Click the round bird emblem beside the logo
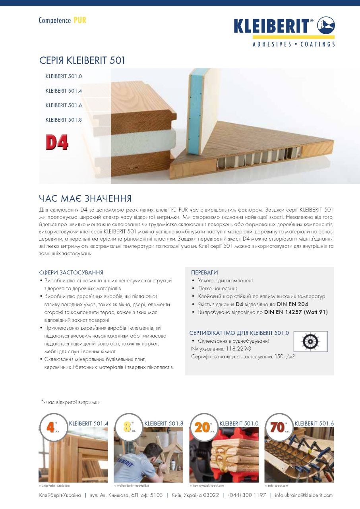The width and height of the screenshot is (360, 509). pyautogui.click(x=326, y=25)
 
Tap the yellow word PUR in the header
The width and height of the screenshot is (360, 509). pyautogui.click(x=80, y=20)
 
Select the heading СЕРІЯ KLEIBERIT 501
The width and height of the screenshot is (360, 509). pyautogui.click(x=82, y=61)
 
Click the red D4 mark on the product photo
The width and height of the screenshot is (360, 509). pyautogui.click(x=57, y=143)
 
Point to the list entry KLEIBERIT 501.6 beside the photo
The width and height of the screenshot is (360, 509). pyautogui.click(x=64, y=105)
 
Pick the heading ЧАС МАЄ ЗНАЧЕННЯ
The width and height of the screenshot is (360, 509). pyautogui.click(x=85, y=198)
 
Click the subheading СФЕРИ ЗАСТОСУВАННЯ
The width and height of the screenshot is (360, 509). pyautogui.click(x=71, y=272)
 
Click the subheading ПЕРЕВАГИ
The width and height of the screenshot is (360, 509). pyautogui.click(x=204, y=272)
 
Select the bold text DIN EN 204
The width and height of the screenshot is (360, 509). pyautogui.click(x=292, y=304)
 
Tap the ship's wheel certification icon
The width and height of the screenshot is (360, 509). pyautogui.click(x=310, y=341)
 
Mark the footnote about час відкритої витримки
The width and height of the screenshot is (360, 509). pyautogui.click(x=71, y=402)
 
